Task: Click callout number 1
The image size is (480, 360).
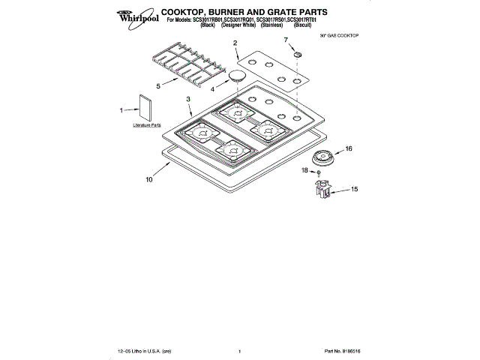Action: pyautogui.click(x=121, y=109)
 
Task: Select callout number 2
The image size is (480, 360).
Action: pyautogui.click(x=235, y=43)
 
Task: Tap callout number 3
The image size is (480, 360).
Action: pyautogui.click(x=188, y=99)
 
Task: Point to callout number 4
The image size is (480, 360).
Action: pyautogui.click(x=213, y=89)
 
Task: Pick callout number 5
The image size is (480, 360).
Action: pyautogui.click(x=158, y=86)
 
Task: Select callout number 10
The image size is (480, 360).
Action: pyautogui.click(x=148, y=180)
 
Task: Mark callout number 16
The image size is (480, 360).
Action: pyautogui.click(x=348, y=149)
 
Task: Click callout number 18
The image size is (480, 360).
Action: pyautogui.click(x=304, y=172)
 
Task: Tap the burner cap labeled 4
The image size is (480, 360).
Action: pyautogui.click(x=237, y=75)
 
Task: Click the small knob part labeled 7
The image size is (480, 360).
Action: pyautogui.click(x=297, y=55)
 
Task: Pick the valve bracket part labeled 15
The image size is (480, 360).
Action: pyautogui.click(x=323, y=190)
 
